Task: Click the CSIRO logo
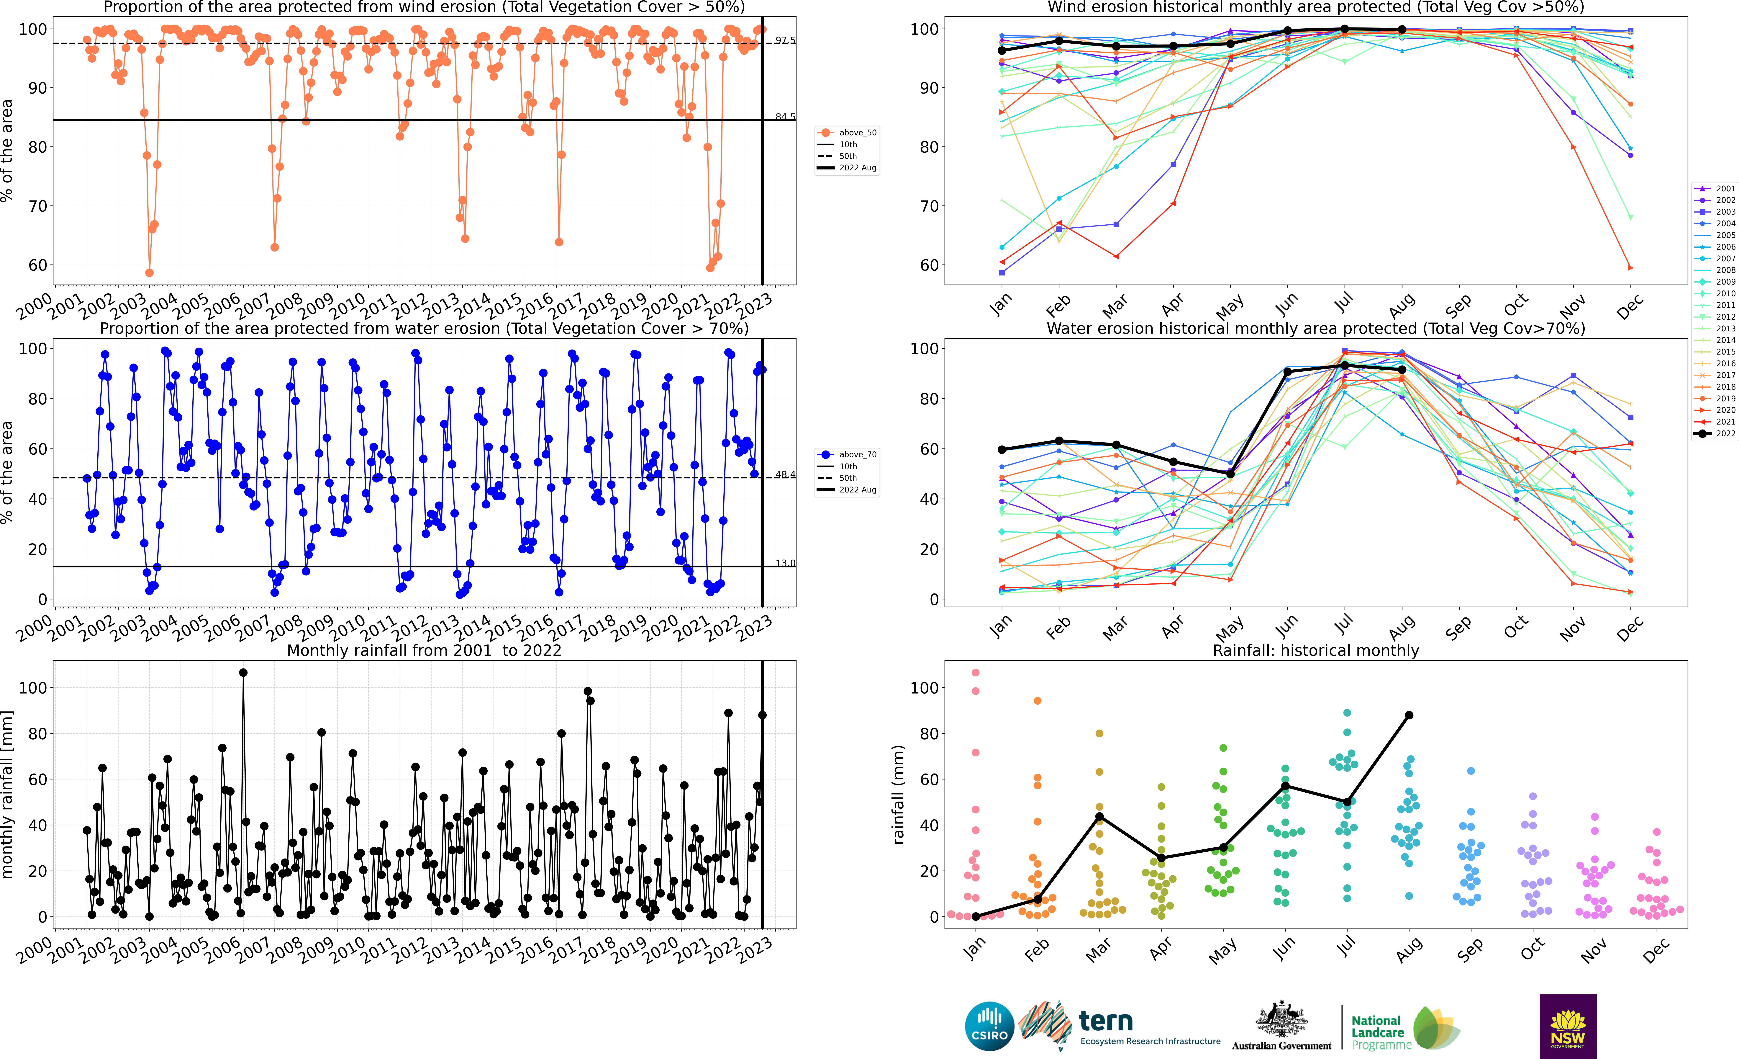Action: click(989, 1026)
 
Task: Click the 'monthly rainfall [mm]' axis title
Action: click(8, 794)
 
